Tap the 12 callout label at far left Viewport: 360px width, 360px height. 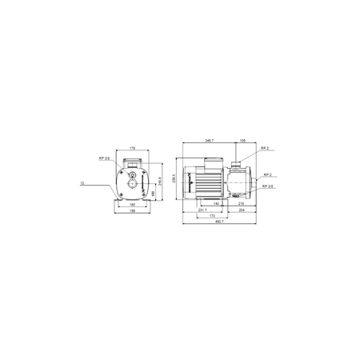pyautogui.click(x=83, y=184)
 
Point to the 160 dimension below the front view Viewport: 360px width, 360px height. pyautogui.click(x=132, y=205)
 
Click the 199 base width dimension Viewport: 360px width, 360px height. pyautogui.click(x=132, y=213)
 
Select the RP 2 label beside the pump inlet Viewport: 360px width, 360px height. pyautogui.click(x=266, y=174)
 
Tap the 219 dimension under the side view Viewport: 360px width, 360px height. pyautogui.click(x=241, y=205)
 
